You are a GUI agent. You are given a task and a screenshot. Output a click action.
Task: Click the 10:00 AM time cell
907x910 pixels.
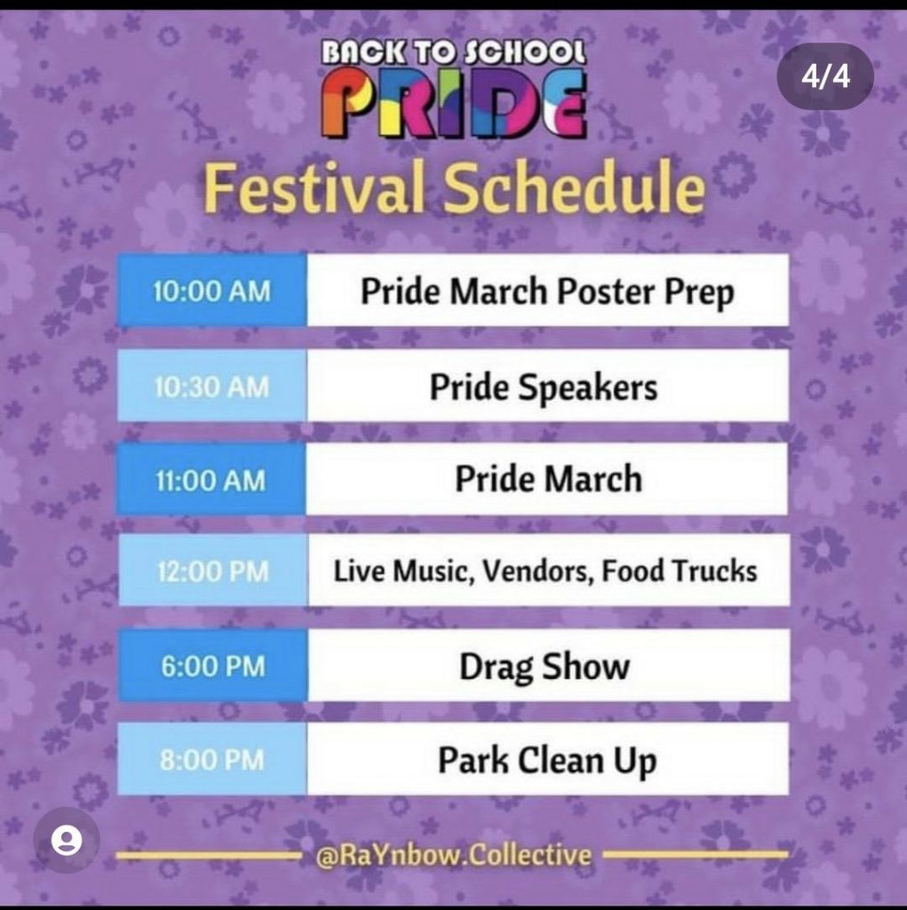pyautogui.click(x=211, y=291)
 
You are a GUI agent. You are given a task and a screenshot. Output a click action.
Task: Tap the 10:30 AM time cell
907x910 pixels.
pyautogui.click(x=211, y=386)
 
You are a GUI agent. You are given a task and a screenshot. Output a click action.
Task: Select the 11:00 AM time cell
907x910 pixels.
pyautogui.click(x=211, y=480)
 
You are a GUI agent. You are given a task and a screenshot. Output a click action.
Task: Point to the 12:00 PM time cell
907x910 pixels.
pyautogui.click(x=211, y=571)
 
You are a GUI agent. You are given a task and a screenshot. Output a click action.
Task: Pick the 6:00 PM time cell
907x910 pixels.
pyautogui.click(x=211, y=666)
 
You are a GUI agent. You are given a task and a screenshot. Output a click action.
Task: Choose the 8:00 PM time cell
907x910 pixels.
pyautogui.click(x=211, y=760)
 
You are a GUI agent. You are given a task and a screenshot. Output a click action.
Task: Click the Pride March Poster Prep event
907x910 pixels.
pyautogui.click(x=547, y=291)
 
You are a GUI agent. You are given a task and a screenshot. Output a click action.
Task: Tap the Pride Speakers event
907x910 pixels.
pyautogui.click(x=544, y=387)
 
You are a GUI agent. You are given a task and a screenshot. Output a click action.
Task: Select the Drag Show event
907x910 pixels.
pyautogui.click(x=544, y=667)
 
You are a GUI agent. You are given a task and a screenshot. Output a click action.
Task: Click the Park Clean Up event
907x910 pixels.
pyautogui.click(x=546, y=761)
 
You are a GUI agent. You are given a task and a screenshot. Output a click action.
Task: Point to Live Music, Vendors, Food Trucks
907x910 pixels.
pyautogui.click(x=545, y=571)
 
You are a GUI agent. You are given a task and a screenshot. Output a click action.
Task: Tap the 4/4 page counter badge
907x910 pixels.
pyautogui.click(x=825, y=76)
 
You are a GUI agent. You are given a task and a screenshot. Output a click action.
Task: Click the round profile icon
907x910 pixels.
pyautogui.click(x=67, y=841)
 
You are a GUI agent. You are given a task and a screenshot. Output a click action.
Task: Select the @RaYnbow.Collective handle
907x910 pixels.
pyautogui.click(x=453, y=856)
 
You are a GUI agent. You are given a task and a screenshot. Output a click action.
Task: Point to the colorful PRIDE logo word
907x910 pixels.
pyautogui.click(x=453, y=105)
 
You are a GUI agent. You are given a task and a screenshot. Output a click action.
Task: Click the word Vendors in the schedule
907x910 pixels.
pyautogui.click(x=538, y=571)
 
